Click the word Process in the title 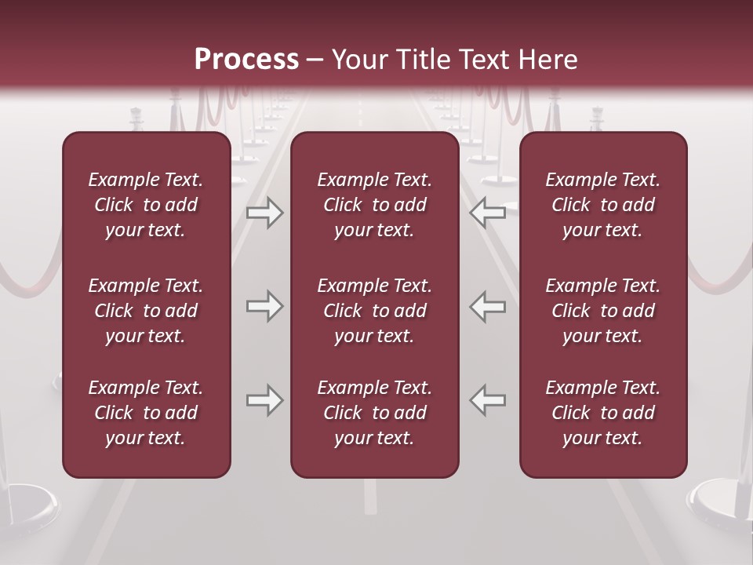click(246, 60)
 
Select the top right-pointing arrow click(264, 213)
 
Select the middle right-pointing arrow click(264, 306)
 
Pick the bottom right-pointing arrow click(264, 400)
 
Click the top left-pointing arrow click(488, 213)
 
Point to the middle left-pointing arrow click(488, 306)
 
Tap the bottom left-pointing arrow click(488, 400)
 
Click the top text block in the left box click(146, 205)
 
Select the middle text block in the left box click(146, 311)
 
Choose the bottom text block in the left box click(146, 413)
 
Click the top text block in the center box click(374, 205)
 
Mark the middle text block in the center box click(374, 311)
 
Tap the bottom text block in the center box click(374, 413)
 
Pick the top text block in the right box click(603, 205)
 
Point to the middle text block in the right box click(603, 311)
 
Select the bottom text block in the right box click(603, 413)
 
